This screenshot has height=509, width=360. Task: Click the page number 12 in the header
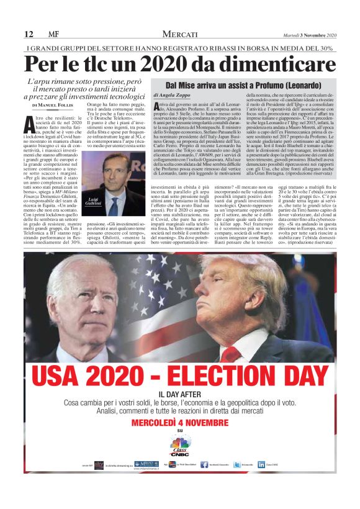pos(29,34)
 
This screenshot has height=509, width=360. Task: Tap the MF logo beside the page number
pos(53,34)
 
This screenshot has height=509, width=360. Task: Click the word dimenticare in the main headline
pos(281,64)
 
